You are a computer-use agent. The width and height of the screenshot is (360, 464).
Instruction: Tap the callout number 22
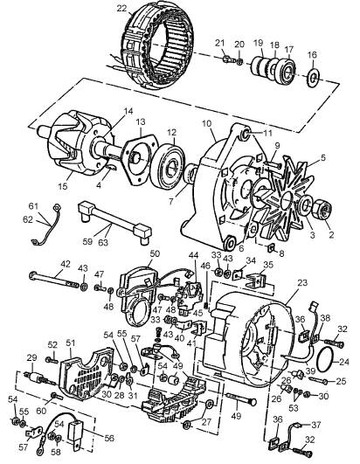[121, 9]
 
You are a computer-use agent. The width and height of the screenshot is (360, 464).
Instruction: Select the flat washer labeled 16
[312, 78]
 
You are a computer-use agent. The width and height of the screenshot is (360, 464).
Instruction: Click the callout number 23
[302, 282]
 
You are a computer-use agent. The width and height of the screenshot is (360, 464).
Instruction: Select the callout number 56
[109, 438]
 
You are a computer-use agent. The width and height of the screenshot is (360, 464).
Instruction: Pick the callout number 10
[207, 123]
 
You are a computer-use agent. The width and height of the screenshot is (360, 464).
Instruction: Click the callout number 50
[155, 253]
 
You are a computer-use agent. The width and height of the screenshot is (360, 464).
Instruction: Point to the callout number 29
[32, 357]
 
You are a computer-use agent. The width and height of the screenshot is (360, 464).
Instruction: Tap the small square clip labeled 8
[271, 247]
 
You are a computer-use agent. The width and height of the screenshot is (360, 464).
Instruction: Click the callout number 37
[316, 425]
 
